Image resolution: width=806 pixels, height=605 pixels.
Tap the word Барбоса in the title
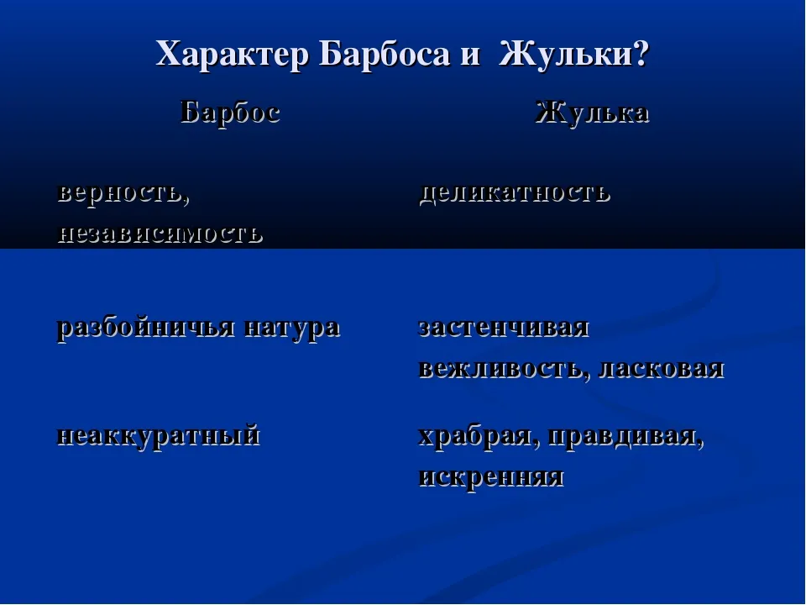[384, 54]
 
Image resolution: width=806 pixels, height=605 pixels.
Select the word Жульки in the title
[566, 54]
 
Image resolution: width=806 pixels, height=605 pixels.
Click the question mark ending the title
[641, 54]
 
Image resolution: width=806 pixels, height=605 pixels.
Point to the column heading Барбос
[230, 112]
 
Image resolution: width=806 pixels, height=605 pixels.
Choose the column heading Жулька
[592, 112]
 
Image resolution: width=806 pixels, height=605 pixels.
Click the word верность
[120, 193]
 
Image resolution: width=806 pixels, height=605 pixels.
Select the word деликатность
[515, 193]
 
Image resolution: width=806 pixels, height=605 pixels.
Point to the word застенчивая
[504, 328]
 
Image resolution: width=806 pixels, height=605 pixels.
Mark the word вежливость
[501, 369]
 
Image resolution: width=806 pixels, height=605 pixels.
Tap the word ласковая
[661, 369]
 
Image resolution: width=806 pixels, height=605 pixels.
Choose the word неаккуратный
[159, 436]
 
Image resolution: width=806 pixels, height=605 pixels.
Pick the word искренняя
[491, 477]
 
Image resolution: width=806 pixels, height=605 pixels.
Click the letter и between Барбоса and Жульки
[470, 55]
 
